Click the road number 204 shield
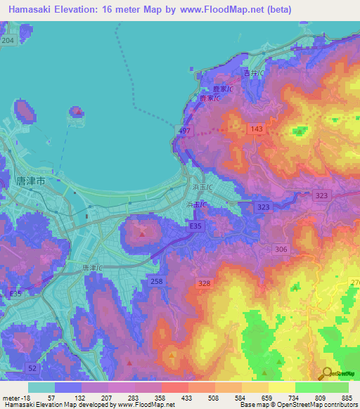(x=8, y=41)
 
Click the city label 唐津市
(x=30, y=181)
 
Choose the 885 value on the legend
(x=347, y=398)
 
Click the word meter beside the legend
(x=11, y=398)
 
